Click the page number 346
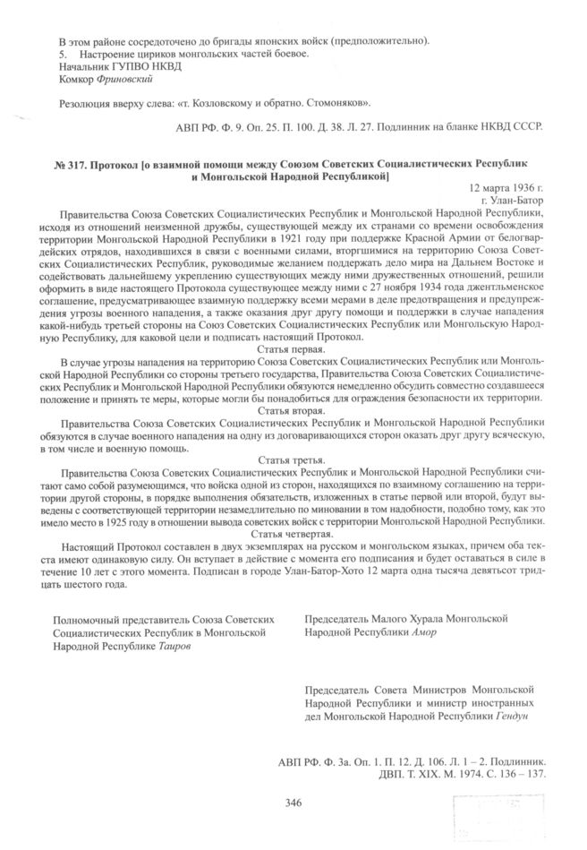click(293, 802)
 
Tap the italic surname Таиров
click(175, 645)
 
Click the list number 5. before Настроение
click(61, 55)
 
